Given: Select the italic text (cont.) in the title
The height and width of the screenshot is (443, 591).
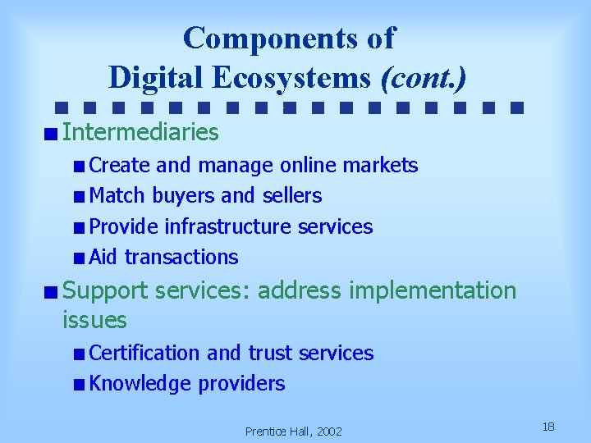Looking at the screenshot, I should [x=424, y=77].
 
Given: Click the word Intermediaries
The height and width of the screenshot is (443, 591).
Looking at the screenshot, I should [x=140, y=131].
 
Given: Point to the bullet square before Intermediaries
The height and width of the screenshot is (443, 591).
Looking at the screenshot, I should [x=51, y=132].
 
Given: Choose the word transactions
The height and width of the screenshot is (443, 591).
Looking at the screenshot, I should [x=181, y=257].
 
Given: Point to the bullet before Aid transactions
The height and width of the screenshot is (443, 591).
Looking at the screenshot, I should [x=77, y=258].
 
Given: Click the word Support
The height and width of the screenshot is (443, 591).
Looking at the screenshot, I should [x=105, y=290].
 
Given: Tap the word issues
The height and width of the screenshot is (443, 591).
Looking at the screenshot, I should [x=94, y=320].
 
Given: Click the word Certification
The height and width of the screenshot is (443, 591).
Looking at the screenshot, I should [x=144, y=353].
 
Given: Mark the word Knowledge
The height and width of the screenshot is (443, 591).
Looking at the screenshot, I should [x=140, y=383].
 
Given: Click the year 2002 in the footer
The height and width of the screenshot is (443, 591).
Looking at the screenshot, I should [x=328, y=432].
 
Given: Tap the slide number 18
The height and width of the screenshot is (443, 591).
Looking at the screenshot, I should [x=549, y=427].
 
